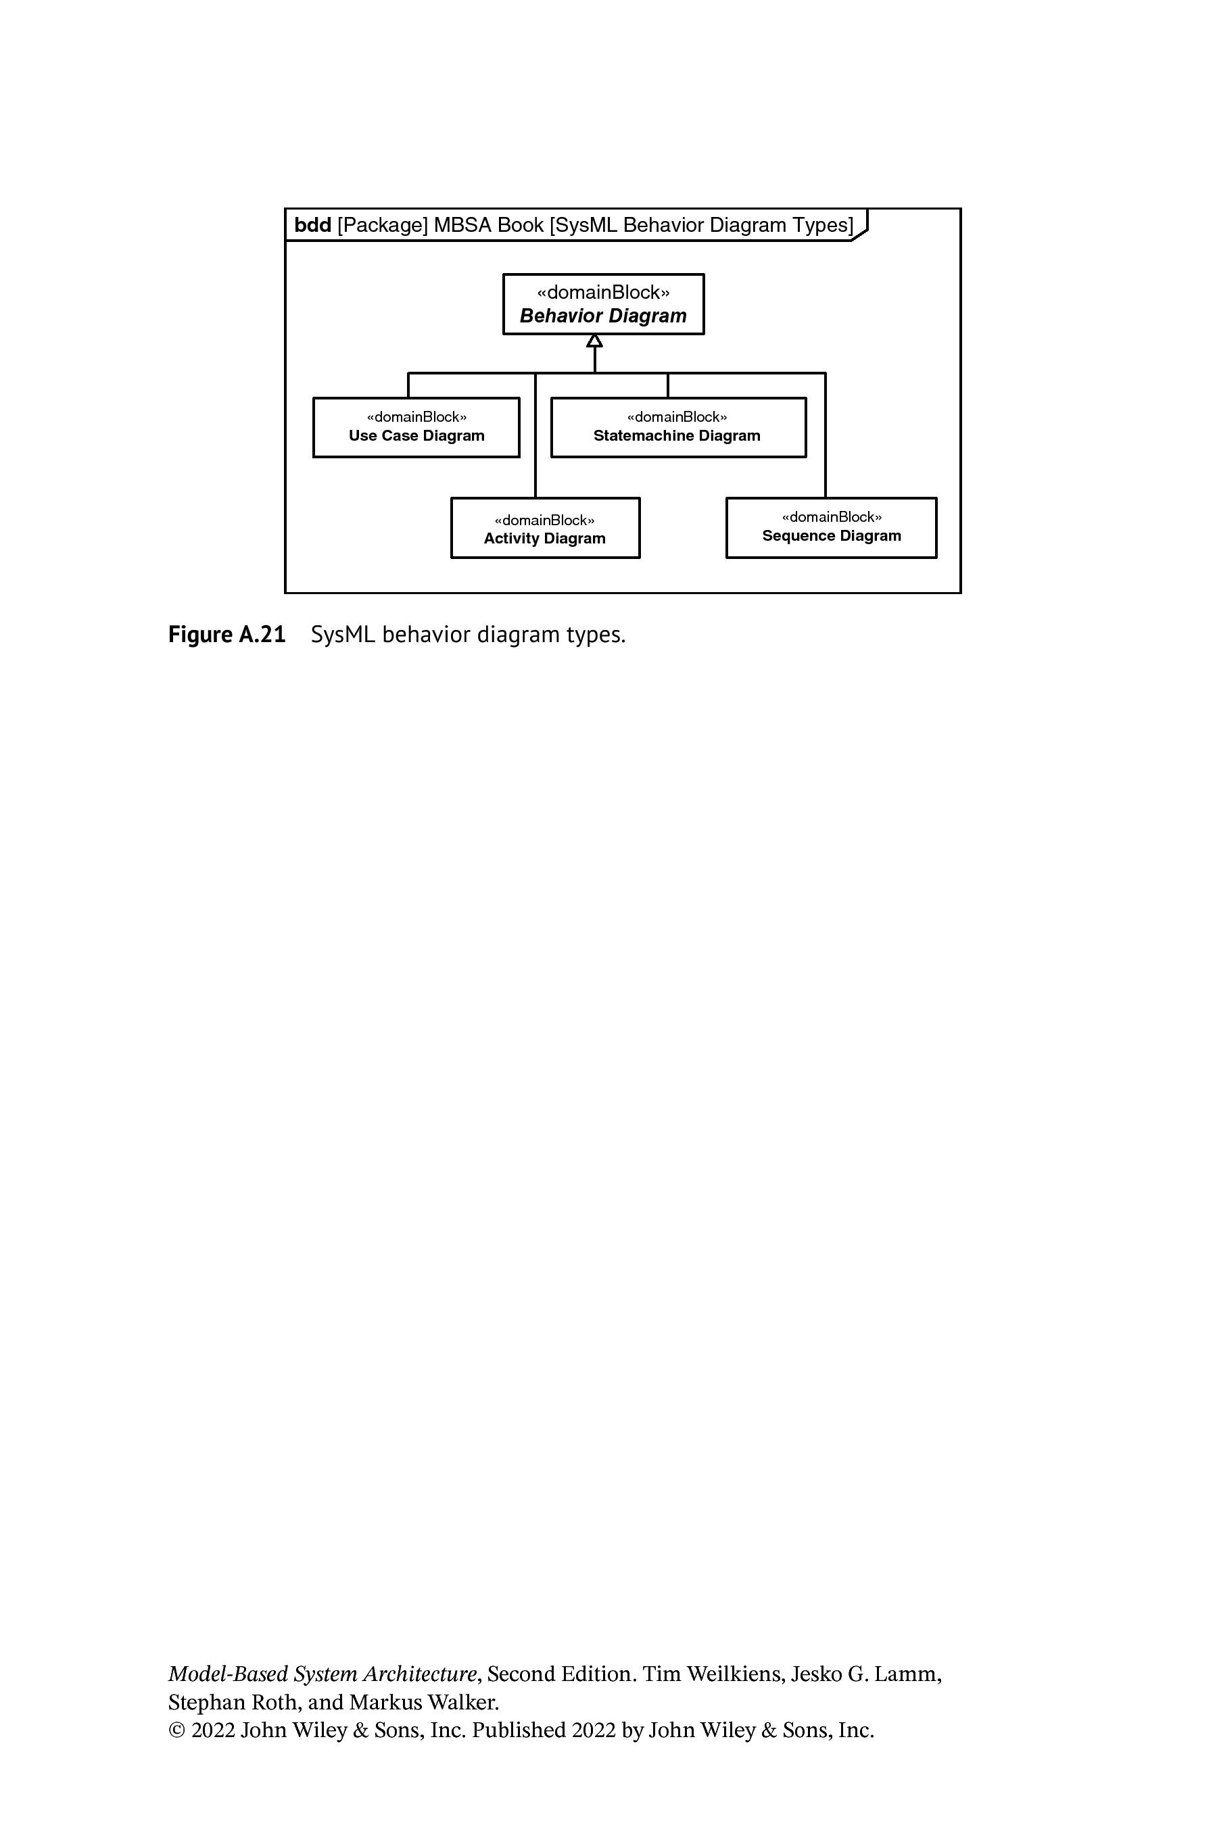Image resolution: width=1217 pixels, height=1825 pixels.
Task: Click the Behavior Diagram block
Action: tap(603, 304)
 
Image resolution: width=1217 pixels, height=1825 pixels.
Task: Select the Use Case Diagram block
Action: tap(416, 428)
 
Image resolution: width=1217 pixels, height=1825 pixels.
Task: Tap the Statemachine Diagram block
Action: tap(678, 428)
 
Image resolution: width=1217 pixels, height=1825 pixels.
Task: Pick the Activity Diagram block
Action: tap(545, 528)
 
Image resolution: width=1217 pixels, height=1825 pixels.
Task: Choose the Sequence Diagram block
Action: tap(831, 528)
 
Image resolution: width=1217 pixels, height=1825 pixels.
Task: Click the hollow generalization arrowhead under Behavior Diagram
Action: tap(594, 341)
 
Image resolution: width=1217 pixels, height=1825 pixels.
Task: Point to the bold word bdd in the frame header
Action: tap(313, 225)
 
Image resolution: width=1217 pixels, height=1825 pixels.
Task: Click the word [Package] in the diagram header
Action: tap(383, 225)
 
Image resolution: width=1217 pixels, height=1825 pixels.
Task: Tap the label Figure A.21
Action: tap(226, 635)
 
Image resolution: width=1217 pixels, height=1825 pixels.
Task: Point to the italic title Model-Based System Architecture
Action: tap(322, 1674)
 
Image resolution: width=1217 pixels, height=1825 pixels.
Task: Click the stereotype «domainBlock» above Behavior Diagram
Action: tap(603, 293)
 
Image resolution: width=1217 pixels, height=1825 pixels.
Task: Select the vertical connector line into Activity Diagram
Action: tap(535, 435)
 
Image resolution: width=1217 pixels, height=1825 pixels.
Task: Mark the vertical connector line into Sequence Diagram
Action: tap(825, 435)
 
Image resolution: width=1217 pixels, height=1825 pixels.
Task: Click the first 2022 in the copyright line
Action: tap(213, 1730)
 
